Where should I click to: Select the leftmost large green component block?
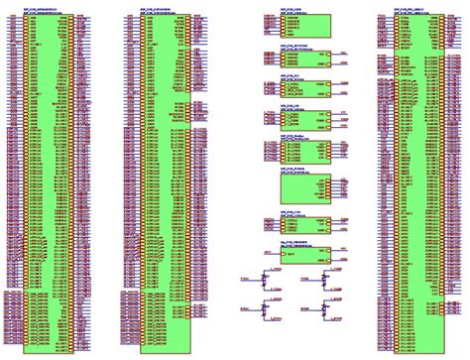pos(48,183)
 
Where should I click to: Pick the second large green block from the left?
pos(164,183)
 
